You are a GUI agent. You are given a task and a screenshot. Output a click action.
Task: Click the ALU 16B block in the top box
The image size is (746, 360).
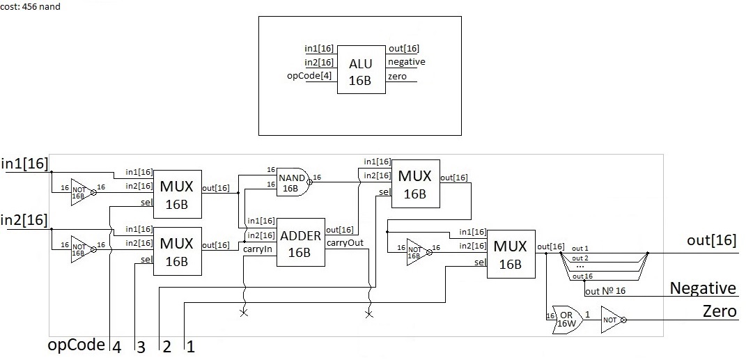point(361,72)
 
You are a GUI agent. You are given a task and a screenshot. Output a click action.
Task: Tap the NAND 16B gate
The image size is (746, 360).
point(292,181)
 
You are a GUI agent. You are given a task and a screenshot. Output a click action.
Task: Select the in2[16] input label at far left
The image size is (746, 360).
point(25,221)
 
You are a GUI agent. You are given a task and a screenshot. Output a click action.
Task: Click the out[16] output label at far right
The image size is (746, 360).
point(711,241)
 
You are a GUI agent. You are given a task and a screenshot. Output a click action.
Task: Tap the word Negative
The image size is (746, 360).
point(702,288)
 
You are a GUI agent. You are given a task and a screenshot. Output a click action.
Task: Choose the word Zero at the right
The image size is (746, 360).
point(720,311)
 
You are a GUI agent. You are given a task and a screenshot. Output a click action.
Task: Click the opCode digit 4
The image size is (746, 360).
point(116,346)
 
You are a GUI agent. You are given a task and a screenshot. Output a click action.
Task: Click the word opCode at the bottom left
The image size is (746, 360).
point(76,345)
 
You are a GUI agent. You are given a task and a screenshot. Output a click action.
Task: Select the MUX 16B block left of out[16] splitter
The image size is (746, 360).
point(511,255)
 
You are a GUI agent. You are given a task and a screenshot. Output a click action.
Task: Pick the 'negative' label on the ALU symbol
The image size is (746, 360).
point(406,62)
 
